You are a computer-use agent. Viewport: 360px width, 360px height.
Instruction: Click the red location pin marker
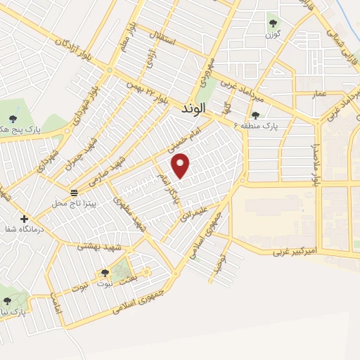(181, 166)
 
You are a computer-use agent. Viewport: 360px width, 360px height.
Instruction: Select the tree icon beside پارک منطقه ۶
(255, 115)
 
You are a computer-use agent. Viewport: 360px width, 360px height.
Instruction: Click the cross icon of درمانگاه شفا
(24, 219)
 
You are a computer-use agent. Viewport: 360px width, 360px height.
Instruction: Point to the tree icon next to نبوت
(105, 272)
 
